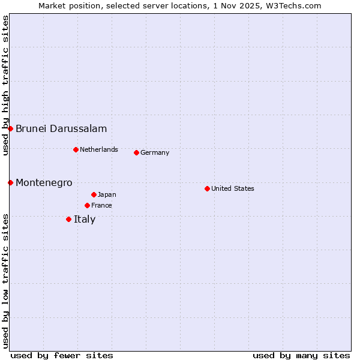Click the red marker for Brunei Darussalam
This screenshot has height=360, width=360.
10,128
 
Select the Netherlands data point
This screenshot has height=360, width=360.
76,149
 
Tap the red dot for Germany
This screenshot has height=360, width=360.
136,152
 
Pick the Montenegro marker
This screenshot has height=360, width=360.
10,182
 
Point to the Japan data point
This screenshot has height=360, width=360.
94,194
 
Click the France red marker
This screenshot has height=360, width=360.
87,205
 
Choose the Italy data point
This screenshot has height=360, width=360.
68,219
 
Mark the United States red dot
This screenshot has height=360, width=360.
207,188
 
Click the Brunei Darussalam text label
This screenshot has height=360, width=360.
61,128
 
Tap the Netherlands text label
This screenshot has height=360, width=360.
99,149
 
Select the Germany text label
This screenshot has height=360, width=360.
155,152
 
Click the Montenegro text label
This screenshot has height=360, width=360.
44,182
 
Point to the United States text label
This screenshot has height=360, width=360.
233,188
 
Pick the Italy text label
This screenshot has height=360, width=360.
85,219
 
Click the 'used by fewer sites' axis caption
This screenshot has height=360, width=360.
62,355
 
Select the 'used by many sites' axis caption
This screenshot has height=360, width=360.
301,355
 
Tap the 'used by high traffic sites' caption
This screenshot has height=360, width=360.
5,85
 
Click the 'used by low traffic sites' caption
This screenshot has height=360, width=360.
5,280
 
